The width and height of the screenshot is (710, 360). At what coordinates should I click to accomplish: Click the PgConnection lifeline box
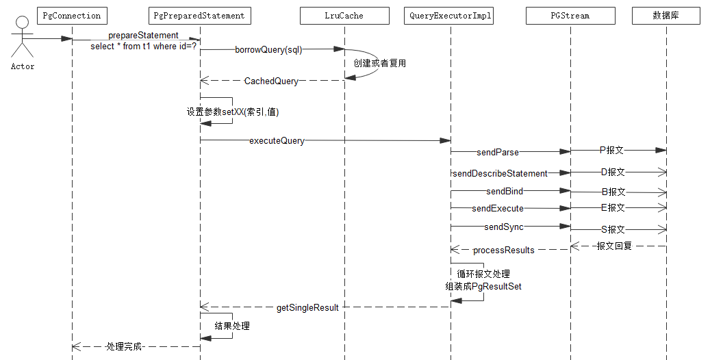click(x=71, y=15)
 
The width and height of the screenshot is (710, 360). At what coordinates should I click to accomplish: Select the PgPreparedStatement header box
click(x=199, y=15)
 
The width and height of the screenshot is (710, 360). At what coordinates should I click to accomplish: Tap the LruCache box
click(x=344, y=15)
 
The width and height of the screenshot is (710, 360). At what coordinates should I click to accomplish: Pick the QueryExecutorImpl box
click(x=450, y=15)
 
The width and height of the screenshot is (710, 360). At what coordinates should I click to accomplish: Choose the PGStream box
click(x=570, y=15)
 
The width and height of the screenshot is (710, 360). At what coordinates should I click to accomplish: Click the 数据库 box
click(x=665, y=15)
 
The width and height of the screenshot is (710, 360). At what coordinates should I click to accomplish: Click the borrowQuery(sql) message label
click(x=268, y=49)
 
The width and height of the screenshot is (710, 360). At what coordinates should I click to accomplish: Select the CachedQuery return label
click(x=271, y=81)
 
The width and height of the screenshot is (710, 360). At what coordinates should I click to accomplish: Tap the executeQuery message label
click(x=277, y=141)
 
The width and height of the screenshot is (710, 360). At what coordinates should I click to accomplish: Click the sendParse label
click(x=498, y=152)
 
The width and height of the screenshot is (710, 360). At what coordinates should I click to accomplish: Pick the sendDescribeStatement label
click(x=500, y=173)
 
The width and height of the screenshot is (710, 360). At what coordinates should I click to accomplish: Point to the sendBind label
click(x=505, y=192)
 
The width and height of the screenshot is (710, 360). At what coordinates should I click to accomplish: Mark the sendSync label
click(x=504, y=227)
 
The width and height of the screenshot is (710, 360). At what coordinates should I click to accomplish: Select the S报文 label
click(x=613, y=230)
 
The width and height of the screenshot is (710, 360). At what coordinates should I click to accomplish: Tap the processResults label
click(x=503, y=250)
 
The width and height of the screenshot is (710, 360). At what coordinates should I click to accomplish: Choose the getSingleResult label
click(x=307, y=307)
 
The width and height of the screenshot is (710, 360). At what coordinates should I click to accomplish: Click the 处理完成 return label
click(x=124, y=347)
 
